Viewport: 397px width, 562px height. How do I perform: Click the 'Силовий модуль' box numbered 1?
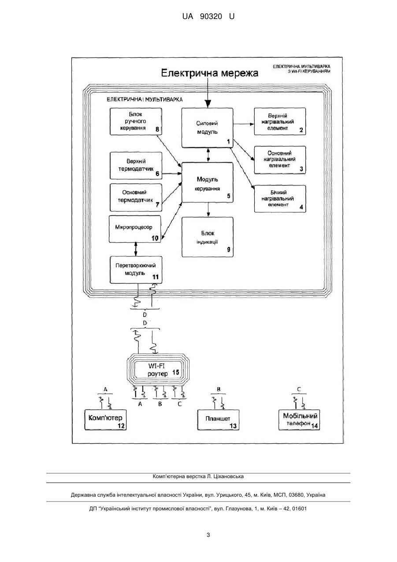coord(208,128)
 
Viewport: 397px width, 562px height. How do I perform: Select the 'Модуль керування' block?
coord(208,182)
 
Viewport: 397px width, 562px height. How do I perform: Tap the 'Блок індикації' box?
coord(208,237)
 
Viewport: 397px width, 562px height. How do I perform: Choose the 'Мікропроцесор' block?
coord(135,229)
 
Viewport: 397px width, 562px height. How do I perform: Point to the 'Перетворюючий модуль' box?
coord(136,270)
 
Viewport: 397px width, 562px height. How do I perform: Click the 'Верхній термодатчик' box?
coord(136,166)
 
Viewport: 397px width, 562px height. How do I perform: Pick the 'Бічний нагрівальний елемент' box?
coord(280,199)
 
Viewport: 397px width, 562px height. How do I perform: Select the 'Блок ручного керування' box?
coord(136,121)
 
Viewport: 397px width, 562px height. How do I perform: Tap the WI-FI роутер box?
coord(158,370)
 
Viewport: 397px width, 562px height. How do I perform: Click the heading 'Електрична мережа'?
coord(209,73)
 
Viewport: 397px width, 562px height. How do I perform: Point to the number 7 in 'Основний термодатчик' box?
coord(157,205)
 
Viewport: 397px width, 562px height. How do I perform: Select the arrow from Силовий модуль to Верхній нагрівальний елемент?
coord(244,124)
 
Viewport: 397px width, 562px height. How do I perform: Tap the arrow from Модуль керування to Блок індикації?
coord(208,210)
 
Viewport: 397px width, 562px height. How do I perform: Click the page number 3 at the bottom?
coord(208,535)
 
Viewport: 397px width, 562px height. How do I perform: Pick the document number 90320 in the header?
coord(211,17)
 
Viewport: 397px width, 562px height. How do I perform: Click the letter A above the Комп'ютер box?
coord(105,389)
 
